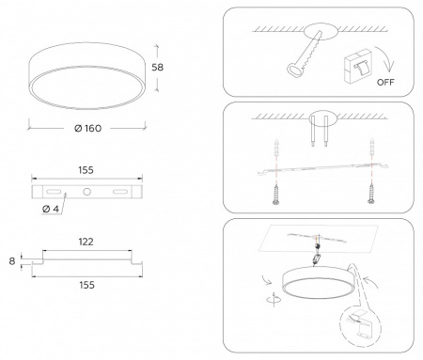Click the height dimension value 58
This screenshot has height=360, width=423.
[x=157, y=68]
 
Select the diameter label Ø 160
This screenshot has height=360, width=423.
[x=87, y=129]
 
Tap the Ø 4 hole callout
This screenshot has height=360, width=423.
[x=51, y=209]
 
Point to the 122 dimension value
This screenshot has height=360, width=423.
[x=86, y=242]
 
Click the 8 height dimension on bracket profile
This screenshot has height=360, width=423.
[x=12, y=261]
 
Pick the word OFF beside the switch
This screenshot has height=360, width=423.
[x=385, y=83]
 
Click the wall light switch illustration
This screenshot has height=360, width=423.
[x=357, y=66]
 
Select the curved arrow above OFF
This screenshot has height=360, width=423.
[x=385, y=59]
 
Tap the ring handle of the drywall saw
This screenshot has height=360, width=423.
[x=295, y=70]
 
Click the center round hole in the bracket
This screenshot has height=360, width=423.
[x=86, y=192]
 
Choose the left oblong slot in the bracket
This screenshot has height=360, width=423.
[x=54, y=192]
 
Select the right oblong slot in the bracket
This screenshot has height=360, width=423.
[x=120, y=192]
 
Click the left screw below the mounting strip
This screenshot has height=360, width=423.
[x=275, y=195]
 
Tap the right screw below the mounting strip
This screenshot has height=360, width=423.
[x=371, y=195]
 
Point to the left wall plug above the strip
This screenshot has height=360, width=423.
[x=276, y=147]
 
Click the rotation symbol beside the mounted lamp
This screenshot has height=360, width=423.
[x=274, y=300]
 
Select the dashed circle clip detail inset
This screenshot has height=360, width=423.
[x=360, y=325]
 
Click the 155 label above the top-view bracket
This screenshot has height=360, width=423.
[x=86, y=170]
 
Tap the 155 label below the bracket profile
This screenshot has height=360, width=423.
[x=86, y=285]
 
